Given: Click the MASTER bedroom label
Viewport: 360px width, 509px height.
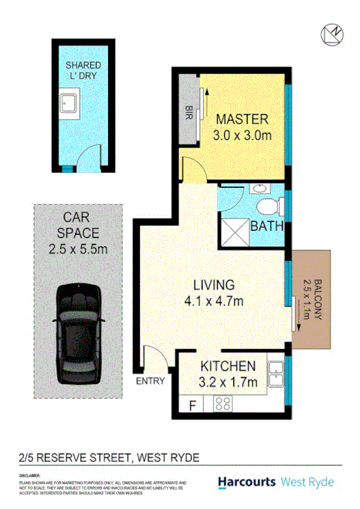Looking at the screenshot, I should tap(242, 119).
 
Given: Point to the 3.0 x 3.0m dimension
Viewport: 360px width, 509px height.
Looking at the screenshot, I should tap(242, 136).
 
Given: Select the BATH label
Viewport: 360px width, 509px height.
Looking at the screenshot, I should tap(270, 227).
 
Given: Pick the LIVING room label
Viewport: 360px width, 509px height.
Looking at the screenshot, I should tap(215, 284).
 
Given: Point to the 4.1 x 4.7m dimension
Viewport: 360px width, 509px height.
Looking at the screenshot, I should tap(215, 301).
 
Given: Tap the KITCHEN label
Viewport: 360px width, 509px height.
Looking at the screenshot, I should tap(228, 366).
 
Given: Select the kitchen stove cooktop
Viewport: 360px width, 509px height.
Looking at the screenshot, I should tap(224, 402).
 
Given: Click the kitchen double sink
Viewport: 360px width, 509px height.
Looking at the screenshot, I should tap(275, 375).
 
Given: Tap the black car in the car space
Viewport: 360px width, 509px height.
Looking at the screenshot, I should tap(77, 332).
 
